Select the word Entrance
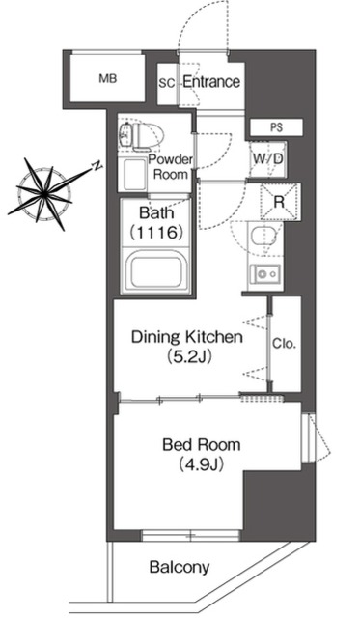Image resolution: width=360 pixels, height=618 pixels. pos(210,82)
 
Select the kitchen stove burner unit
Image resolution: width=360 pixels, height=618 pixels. pos(264,273)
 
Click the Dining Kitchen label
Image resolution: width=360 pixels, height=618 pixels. pos(186,338)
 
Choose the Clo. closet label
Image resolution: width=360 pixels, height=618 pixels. pos(284,342)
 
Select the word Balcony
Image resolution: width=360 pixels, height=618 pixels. pos(180,568)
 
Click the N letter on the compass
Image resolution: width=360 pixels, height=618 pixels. pos(97,165)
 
